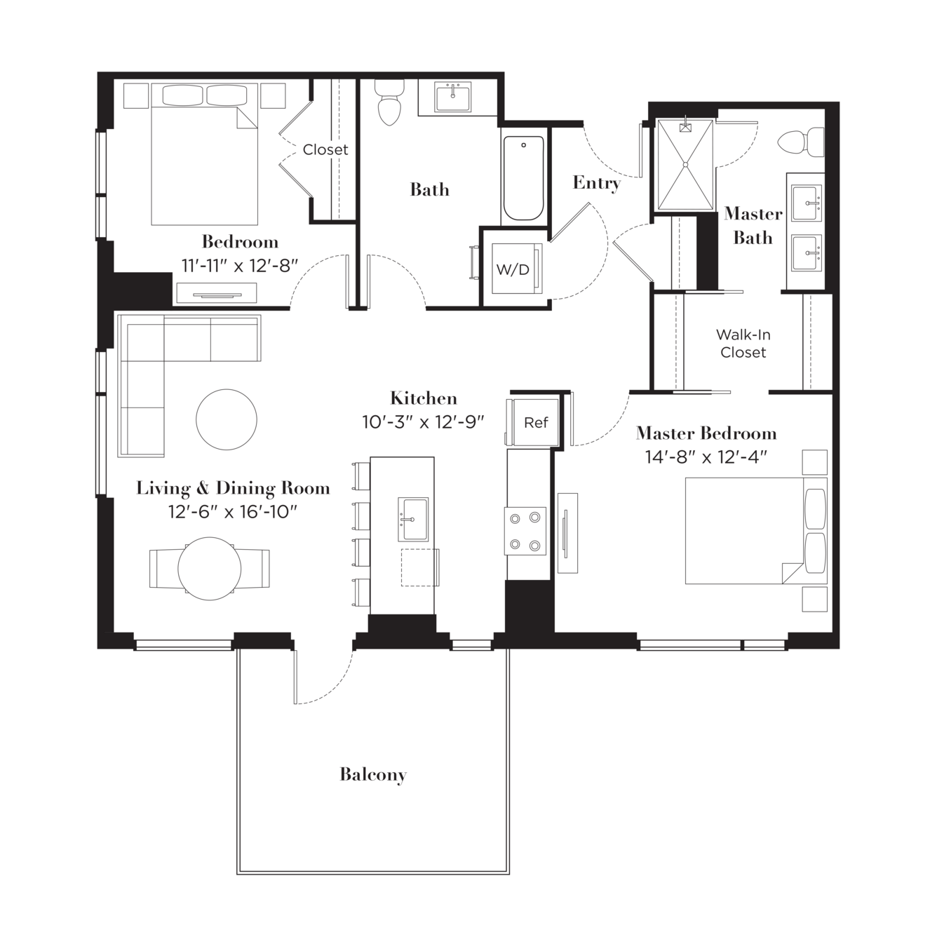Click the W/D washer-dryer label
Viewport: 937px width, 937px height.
pos(513,269)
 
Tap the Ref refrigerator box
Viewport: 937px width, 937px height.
pos(535,422)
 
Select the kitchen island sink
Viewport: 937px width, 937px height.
pos(413,519)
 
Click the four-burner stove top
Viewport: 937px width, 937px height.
pos(525,530)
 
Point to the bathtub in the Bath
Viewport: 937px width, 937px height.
pos(523,178)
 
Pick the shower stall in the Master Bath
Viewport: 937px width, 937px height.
pos(685,165)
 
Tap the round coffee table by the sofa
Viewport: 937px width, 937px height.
pos(226,419)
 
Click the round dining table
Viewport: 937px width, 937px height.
pos(209,568)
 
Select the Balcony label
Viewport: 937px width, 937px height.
pos(373,774)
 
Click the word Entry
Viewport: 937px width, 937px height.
pos(597,183)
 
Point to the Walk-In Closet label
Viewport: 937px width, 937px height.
pos(743,343)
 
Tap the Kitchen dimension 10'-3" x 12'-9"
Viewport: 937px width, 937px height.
pos(423,422)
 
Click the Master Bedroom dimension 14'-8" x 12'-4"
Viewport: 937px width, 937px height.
pos(706,457)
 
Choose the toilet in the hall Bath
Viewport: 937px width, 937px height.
pos(389,102)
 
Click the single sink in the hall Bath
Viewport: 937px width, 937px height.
pos(453,97)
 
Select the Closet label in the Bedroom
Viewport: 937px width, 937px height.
pos(325,149)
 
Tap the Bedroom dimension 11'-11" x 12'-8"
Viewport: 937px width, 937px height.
pos(240,266)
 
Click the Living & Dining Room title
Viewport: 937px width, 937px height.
pos(233,487)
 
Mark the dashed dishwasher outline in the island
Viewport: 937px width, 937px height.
pos(420,567)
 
